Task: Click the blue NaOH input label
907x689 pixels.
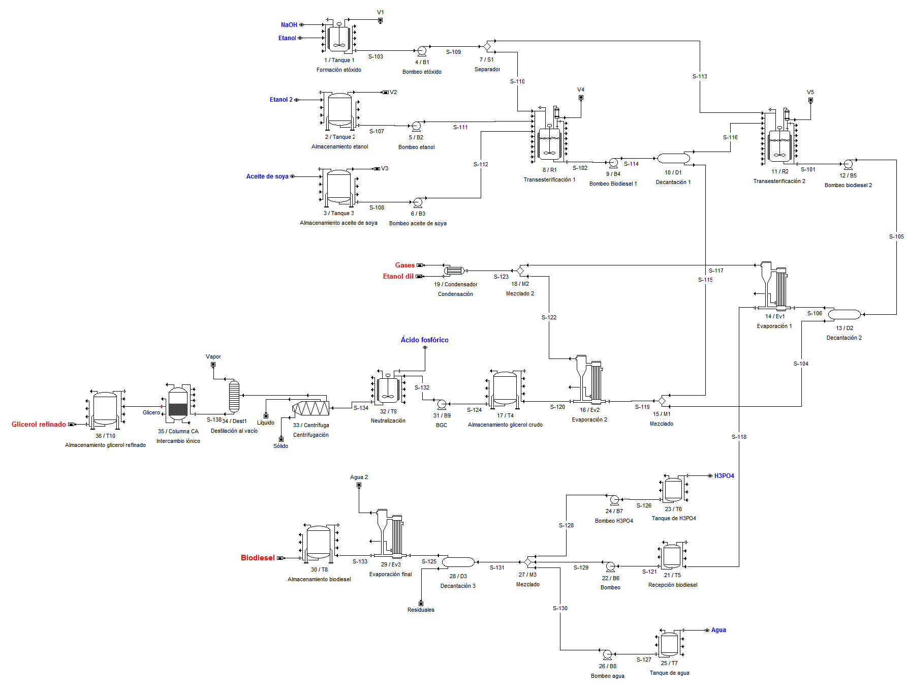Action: coord(289,24)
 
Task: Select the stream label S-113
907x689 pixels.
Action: coord(700,76)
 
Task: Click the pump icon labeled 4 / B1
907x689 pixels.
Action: coord(422,51)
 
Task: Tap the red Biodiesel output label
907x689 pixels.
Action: coord(258,558)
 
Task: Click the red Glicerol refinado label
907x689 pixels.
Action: coord(39,424)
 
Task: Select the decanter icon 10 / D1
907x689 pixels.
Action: coord(673,159)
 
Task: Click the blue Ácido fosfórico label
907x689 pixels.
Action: coord(424,340)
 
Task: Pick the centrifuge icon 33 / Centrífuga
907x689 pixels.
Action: coord(310,408)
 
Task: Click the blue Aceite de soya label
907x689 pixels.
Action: coord(267,176)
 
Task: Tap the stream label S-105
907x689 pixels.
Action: coord(896,236)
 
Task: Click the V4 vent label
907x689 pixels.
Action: coord(581,89)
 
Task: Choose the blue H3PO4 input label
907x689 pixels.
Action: coord(724,476)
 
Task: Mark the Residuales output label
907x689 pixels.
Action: coord(421,610)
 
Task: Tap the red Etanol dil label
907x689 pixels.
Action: coord(398,276)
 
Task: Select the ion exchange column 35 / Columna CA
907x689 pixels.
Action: coord(178,404)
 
